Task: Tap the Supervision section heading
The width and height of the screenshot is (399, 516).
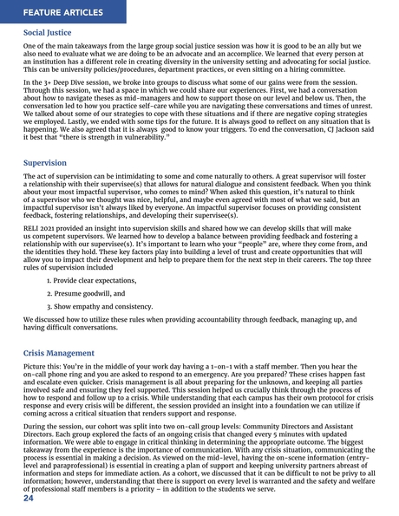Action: [x=44, y=162]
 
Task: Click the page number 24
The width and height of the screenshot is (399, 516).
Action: [x=29, y=501]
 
